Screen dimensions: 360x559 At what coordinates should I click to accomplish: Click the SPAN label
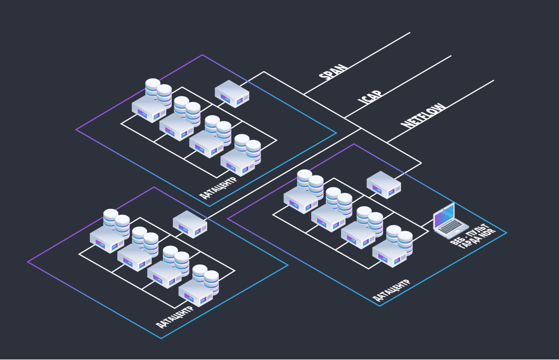coord(333,71)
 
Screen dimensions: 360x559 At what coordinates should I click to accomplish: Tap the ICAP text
coord(370,97)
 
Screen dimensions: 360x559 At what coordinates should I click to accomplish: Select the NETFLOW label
coord(423,115)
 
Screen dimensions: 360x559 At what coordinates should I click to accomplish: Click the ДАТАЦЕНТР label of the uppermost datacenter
coord(218,187)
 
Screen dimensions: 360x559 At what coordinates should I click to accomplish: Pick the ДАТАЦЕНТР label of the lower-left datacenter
coord(174,317)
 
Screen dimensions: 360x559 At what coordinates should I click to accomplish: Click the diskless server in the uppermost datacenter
coord(232,94)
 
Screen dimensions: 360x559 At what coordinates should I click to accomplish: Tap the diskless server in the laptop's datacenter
coord(384,184)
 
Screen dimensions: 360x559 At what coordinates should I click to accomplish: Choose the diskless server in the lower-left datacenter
coord(190,224)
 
